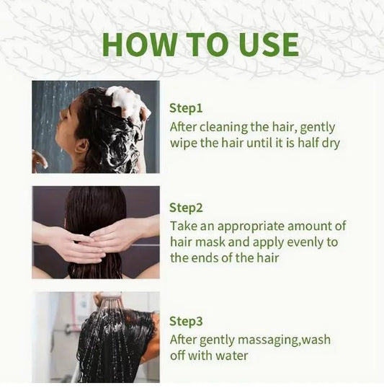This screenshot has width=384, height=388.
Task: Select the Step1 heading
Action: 186,108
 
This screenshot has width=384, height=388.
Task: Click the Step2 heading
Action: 186,208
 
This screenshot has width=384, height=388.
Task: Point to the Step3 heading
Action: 186,321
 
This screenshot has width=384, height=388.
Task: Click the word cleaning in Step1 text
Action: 223,128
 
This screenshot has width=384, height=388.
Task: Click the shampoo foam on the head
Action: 127,102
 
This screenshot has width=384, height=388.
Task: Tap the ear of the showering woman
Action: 82,146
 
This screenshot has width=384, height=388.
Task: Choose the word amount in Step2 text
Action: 309,226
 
